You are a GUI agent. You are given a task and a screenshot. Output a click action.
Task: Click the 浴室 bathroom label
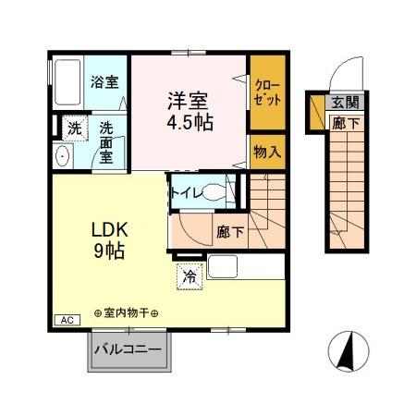[104, 81]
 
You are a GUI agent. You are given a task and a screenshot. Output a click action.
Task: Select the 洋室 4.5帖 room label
[190, 109]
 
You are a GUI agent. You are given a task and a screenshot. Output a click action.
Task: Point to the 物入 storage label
[266, 151]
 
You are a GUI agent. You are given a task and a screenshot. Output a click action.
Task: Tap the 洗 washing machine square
[72, 126]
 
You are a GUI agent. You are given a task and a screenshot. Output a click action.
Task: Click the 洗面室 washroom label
[107, 141]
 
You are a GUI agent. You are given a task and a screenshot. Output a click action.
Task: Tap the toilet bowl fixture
[214, 192]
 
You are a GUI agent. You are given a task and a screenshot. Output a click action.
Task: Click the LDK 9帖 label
[107, 239]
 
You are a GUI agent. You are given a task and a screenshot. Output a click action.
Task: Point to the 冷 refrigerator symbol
[189, 274]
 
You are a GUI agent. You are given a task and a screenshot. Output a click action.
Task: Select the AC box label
[67, 320]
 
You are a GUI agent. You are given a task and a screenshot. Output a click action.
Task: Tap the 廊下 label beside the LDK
[230, 232]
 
